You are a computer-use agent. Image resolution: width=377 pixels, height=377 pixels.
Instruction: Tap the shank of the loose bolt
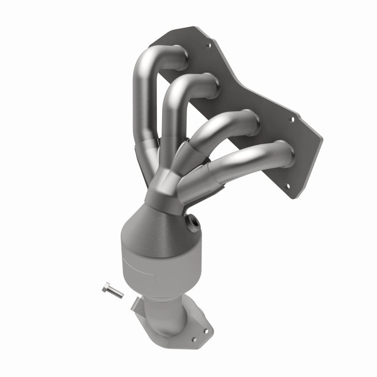[115, 293]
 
